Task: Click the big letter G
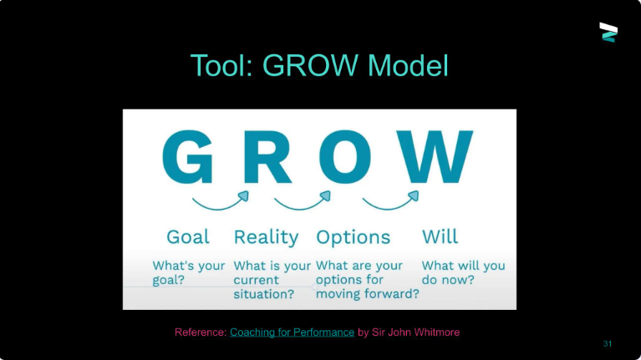188,156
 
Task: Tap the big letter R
267,157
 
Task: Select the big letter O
345,157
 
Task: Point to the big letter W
435,157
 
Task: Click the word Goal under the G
188,237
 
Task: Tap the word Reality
266,237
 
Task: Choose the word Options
354,237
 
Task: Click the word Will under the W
440,236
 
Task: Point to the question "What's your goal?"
189,272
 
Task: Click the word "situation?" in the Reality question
264,294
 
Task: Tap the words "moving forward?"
368,293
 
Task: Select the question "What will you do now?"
463,272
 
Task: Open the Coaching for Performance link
292,332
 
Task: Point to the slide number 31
608,343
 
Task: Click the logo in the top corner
608,33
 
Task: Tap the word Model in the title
408,65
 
